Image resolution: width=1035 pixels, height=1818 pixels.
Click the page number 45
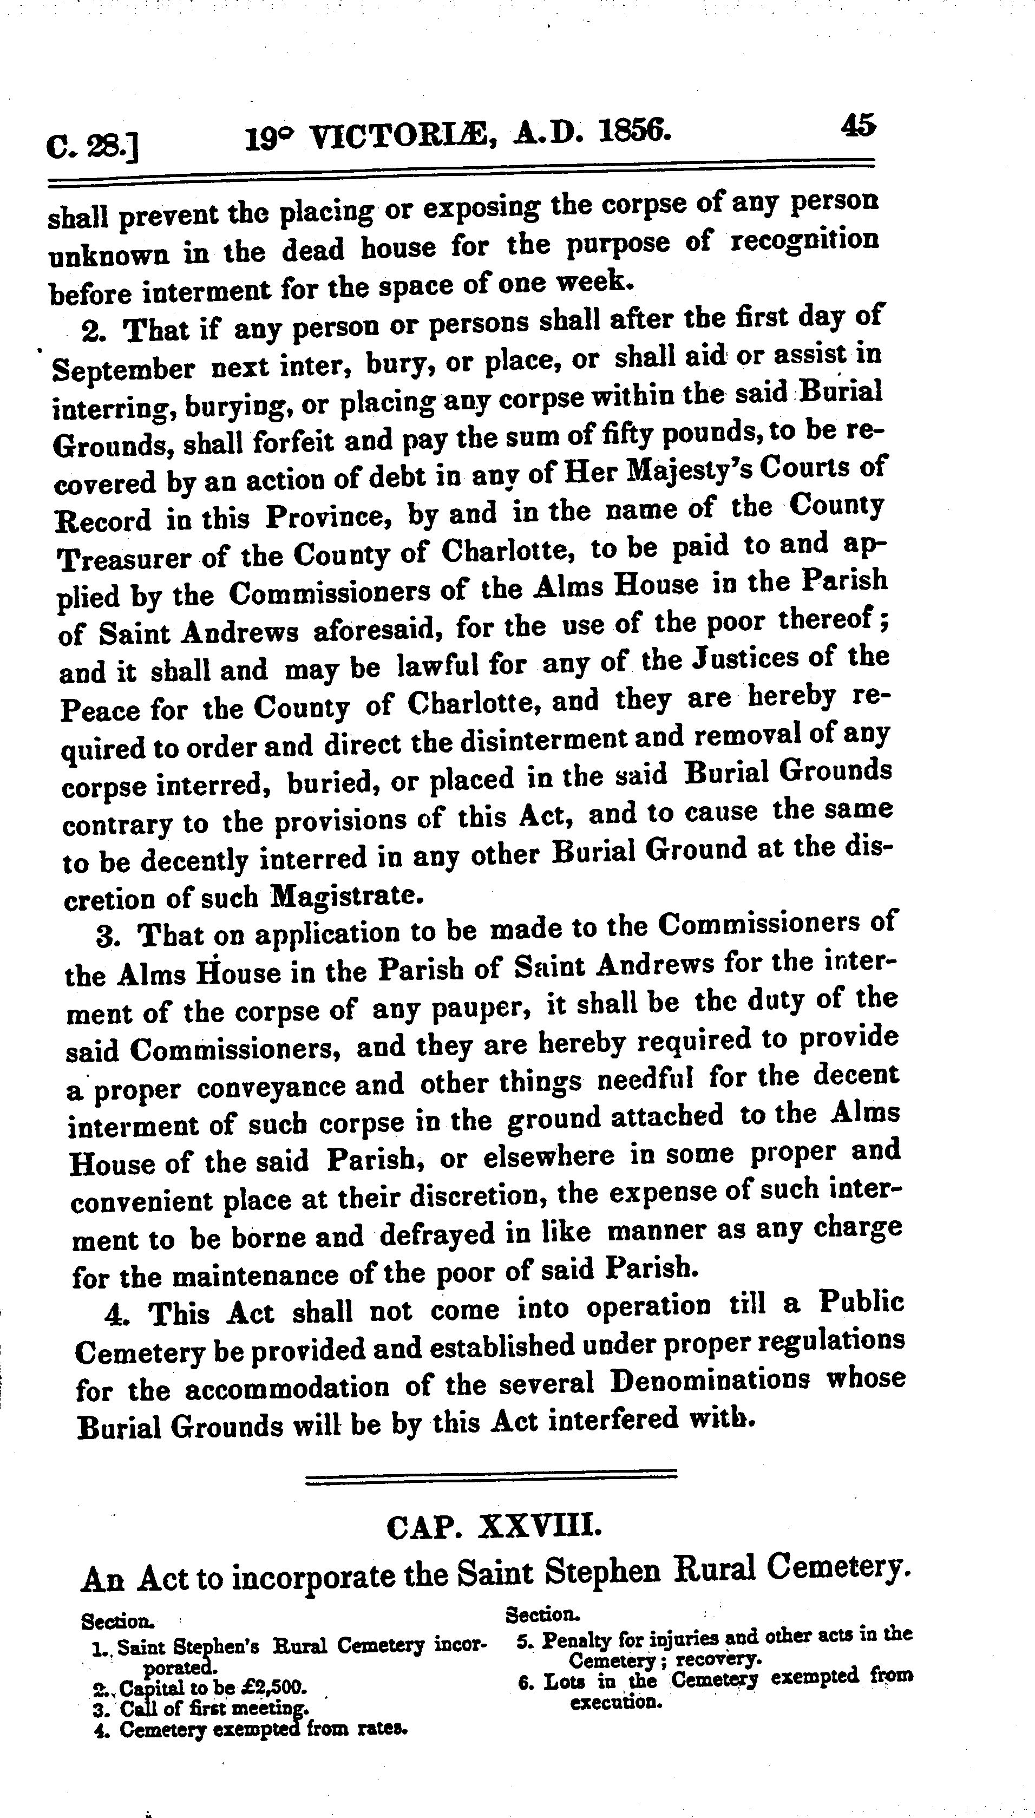[859, 125]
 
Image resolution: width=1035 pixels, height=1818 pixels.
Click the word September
[123, 369]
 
